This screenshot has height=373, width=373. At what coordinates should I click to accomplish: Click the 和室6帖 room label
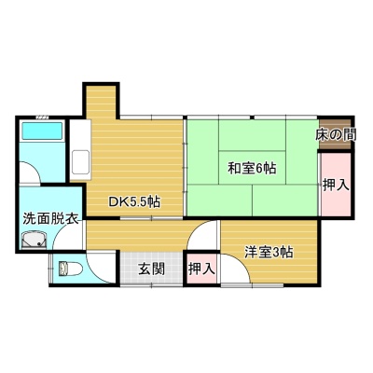click(x=252, y=169)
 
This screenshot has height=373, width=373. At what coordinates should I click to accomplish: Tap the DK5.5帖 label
click(x=134, y=202)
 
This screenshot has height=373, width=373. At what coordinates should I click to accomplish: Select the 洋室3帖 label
click(x=269, y=252)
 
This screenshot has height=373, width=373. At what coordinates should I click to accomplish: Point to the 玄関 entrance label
click(x=151, y=269)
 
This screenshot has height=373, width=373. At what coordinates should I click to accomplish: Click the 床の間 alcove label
click(x=336, y=134)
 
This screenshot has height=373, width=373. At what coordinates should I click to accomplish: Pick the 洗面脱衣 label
click(x=50, y=218)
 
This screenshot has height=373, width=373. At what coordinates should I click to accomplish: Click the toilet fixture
click(x=71, y=269)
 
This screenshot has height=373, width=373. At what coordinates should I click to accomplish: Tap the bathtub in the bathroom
click(x=42, y=131)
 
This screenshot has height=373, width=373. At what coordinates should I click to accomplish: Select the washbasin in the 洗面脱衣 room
click(x=35, y=241)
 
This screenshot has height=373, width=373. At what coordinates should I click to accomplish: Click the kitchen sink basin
click(x=80, y=162)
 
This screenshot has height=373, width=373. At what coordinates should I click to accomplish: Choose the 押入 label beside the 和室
click(x=336, y=186)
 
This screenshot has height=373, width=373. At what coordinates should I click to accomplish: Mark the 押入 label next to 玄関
click(x=202, y=269)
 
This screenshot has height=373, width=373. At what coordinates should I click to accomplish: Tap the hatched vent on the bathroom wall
click(x=42, y=117)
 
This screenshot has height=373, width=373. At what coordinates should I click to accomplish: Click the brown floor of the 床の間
click(x=336, y=134)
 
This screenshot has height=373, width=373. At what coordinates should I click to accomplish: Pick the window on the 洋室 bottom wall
click(x=252, y=285)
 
